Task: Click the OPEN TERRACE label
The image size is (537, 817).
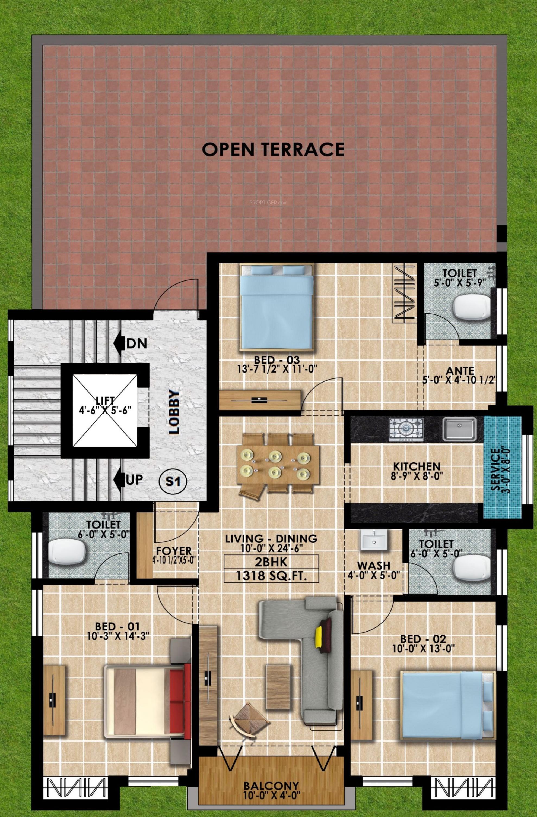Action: tap(273, 149)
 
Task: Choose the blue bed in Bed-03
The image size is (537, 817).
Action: tap(277, 307)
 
